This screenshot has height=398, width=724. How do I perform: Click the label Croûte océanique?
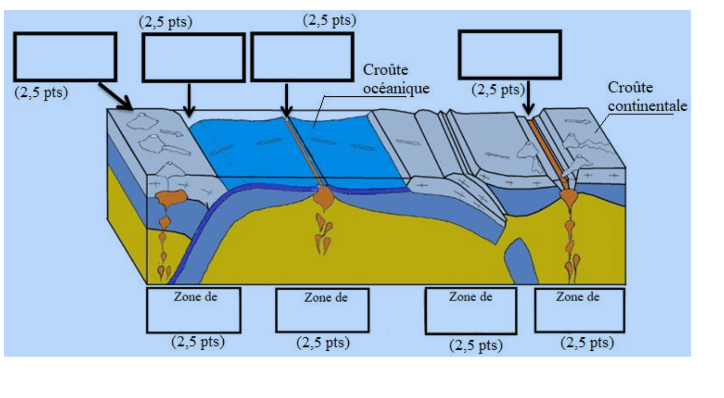point(395,79)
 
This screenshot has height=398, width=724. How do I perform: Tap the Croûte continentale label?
point(647,97)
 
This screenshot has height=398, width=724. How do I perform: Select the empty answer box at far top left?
point(65,57)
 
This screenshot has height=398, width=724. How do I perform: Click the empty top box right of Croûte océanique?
point(510,55)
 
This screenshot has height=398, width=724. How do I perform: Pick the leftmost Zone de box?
point(194,310)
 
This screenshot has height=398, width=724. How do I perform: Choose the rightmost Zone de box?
point(579,310)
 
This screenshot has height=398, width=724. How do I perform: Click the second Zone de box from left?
point(322,310)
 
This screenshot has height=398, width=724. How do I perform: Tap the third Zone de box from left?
point(471,310)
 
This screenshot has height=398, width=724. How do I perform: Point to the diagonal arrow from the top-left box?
point(115,96)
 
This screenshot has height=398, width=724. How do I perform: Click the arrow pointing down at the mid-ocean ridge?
point(286,100)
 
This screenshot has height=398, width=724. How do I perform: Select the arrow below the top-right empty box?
point(529,98)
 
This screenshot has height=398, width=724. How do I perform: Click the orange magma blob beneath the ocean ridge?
point(324,197)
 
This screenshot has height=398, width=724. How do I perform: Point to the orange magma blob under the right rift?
point(569,198)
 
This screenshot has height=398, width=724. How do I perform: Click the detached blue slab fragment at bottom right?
point(520,262)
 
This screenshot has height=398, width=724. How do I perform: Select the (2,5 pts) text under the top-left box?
point(41,92)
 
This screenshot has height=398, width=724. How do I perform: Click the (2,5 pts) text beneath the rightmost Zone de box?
point(587,343)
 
